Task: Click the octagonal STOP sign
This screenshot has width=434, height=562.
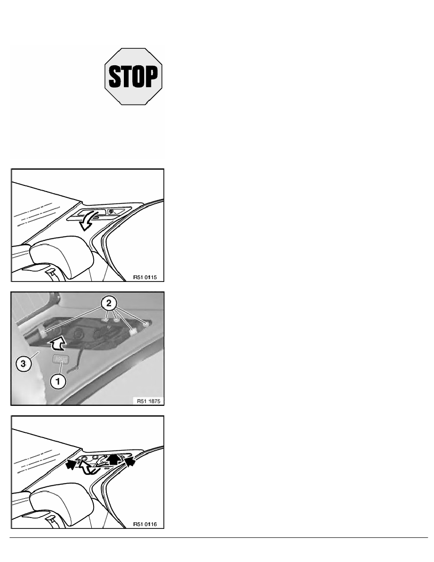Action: point(133,76)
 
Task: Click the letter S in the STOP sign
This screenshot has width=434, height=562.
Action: point(114,76)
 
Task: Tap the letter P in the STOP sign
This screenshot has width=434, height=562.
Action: point(151,76)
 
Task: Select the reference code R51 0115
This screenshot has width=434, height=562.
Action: point(145,277)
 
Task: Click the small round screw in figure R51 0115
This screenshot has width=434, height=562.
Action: point(111,211)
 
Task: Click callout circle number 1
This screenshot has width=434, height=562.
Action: point(58,381)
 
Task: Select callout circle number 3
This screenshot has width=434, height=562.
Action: point(23,364)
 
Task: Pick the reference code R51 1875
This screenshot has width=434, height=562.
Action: point(148,401)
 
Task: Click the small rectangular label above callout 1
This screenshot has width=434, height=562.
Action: point(61,359)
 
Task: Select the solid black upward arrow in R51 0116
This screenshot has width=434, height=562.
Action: point(114,459)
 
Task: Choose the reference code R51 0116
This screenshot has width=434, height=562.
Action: point(145,524)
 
